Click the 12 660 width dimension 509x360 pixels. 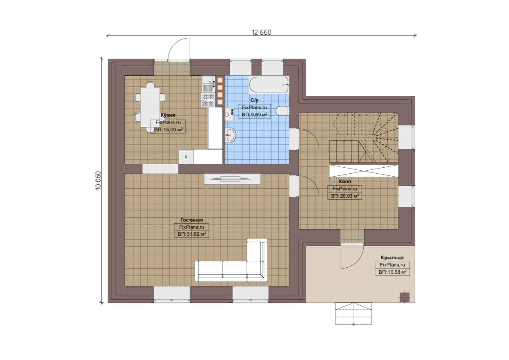[261, 33]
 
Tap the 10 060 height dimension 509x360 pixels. [98, 181]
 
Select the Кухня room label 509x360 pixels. [168, 115]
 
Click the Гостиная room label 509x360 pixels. [192, 220]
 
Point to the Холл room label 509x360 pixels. [345, 181]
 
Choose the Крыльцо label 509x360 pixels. [392, 257]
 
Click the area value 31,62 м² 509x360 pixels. [192, 234]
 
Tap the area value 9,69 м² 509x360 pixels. [254, 115]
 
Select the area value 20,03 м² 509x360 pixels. [345, 196]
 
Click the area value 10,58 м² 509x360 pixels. [392, 272]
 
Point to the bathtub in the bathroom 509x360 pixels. [269, 85]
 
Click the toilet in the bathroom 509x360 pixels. [282, 111]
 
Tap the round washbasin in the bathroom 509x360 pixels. [231, 135]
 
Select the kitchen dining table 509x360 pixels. [150, 107]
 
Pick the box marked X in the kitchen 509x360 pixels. [186, 157]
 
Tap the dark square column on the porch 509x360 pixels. [404, 297]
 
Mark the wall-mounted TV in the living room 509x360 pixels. [233, 179]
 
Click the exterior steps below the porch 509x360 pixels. [353, 313]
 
